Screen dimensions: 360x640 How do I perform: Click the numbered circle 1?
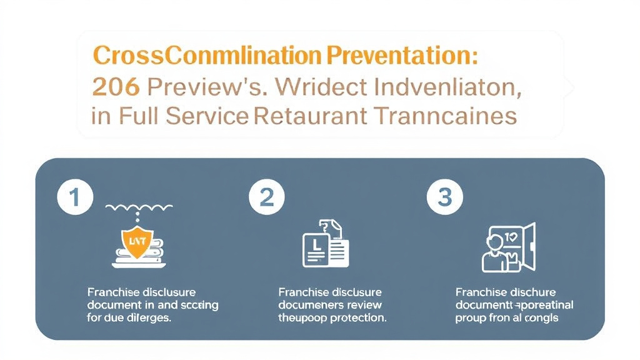pos(74,198)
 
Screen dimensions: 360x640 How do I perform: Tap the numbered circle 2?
pos(266,198)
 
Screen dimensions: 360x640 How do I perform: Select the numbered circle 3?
pos(444,198)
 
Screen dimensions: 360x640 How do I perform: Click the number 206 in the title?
pos(115,87)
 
